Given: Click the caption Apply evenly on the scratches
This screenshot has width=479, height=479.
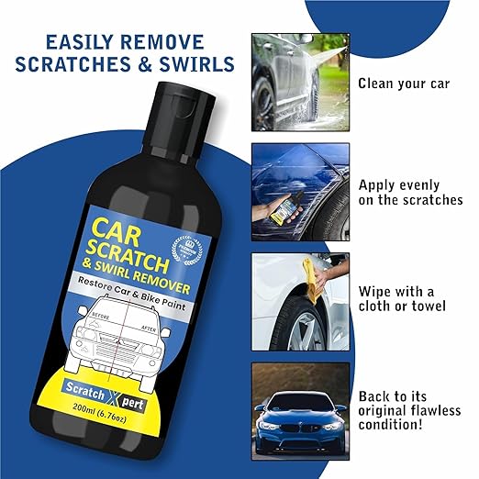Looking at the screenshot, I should [x=409, y=192].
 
